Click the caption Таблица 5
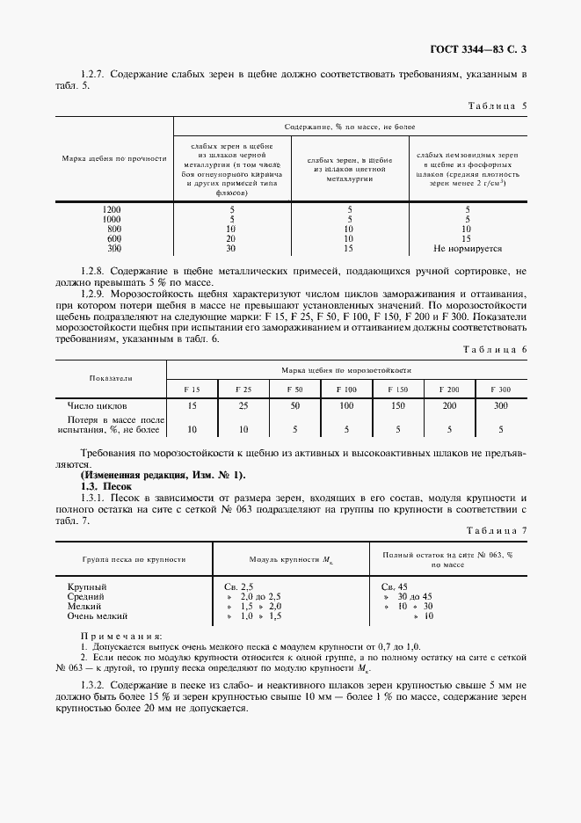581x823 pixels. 497,106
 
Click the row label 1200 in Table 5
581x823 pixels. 112,209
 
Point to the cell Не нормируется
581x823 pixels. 468,248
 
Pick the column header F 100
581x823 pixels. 346,388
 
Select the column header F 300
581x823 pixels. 501,388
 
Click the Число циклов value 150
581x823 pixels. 397,407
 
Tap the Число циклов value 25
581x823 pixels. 243,407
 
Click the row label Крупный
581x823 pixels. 87,586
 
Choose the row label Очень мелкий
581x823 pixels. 98,617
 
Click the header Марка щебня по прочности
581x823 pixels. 114,159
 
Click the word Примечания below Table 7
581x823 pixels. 120,635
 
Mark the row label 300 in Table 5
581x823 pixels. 113,248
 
